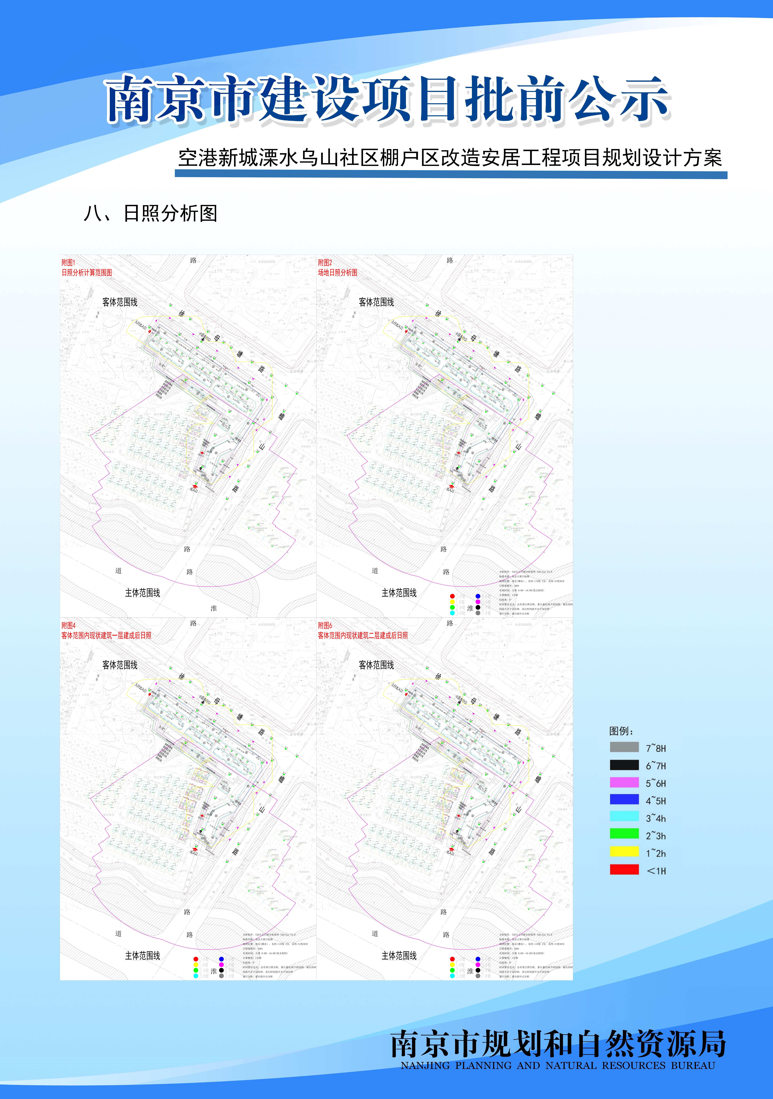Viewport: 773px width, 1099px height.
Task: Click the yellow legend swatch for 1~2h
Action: (x=624, y=852)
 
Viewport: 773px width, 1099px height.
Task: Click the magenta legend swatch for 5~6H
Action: (x=624, y=782)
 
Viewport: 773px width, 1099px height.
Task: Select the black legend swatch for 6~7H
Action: (x=624, y=765)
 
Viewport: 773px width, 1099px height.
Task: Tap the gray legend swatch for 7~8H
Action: (x=624, y=747)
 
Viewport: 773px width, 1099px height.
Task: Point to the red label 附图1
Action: (x=68, y=262)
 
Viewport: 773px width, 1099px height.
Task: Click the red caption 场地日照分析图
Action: (x=337, y=272)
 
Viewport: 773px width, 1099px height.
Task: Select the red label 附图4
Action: (x=68, y=625)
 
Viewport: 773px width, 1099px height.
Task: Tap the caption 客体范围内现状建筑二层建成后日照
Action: (x=363, y=635)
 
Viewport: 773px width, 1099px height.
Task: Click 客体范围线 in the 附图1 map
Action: (x=120, y=302)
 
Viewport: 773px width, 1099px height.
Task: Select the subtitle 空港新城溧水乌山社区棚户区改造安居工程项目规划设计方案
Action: (x=450, y=158)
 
